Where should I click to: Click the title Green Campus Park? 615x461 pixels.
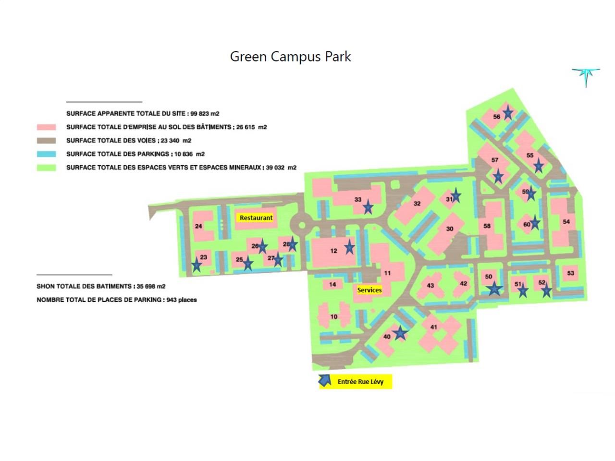click(x=290, y=57)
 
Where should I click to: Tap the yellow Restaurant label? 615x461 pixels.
click(x=256, y=218)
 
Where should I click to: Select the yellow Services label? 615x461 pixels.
click(x=369, y=290)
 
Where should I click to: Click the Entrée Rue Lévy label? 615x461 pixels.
click(x=360, y=382)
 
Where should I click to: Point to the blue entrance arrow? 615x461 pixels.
click(x=325, y=381)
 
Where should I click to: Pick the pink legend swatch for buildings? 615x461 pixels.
click(x=46, y=127)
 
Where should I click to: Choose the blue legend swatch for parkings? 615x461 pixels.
click(x=46, y=154)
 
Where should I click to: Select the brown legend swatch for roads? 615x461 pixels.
click(x=46, y=141)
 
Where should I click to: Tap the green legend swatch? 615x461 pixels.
click(x=46, y=168)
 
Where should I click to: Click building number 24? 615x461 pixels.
click(x=198, y=226)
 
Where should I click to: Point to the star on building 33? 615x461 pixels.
click(x=368, y=207)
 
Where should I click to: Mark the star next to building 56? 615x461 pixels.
click(x=507, y=113)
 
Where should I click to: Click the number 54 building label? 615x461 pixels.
click(x=566, y=221)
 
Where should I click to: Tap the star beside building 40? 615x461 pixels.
click(x=400, y=333)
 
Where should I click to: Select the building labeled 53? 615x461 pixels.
click(x=570, y=273)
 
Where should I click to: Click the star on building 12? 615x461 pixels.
click(x=349, y=247)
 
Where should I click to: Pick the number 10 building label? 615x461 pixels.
click(x=334, y=317)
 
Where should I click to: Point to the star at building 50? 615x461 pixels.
click(x=494, y=288)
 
